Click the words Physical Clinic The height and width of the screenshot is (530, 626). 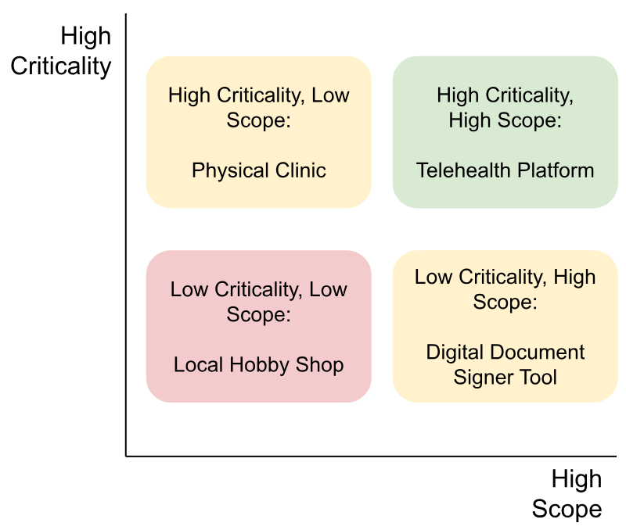click(x=259, y=170)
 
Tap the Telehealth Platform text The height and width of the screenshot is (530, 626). click(x=505, y=170)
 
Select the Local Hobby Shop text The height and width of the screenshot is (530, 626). click(x=259, y=365)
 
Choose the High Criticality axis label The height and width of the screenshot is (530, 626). click(x=61, y=52)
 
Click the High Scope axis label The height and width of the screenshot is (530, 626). click(x=567, y=494)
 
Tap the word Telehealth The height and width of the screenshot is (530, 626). click(x=459, y=170)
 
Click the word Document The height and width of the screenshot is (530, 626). click(x=534, y=353)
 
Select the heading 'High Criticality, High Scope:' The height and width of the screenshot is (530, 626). click(x=505, y=108)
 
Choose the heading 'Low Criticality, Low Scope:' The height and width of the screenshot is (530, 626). click(x=259, y=302)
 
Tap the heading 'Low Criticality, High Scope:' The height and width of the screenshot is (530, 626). click(x=505, y=289)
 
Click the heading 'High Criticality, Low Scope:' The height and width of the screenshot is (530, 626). click(x=259, y=108)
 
